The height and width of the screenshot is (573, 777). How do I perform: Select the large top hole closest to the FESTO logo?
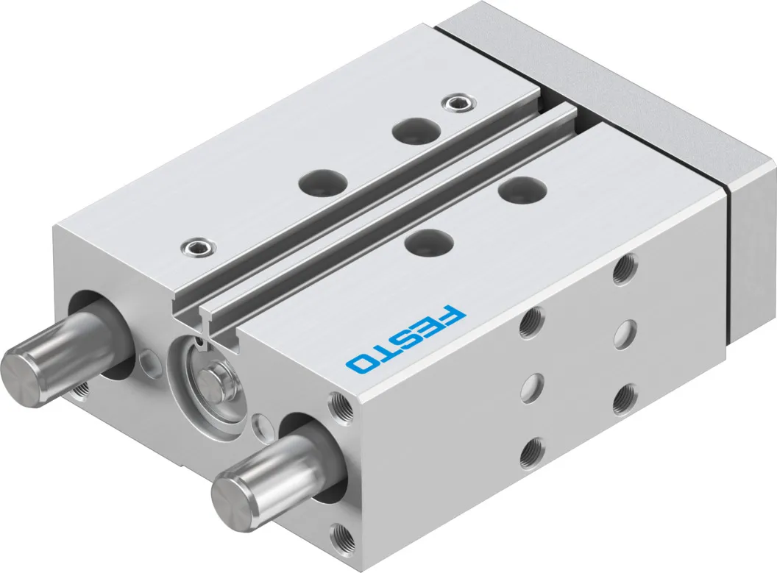[x=430, y=242]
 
